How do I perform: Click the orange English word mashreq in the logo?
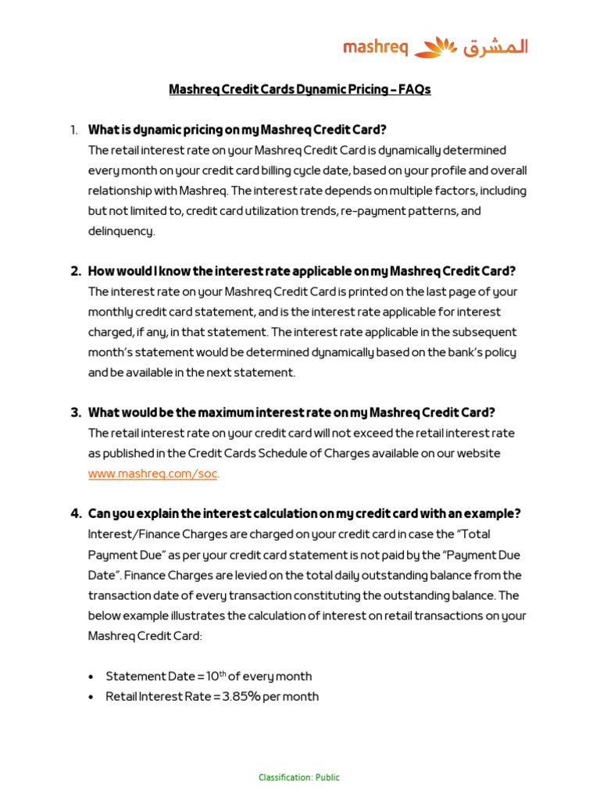(376, 48)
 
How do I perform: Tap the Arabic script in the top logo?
(495, 48)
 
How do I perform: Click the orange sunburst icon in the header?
(435, 48)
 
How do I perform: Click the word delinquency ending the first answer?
(121, 231)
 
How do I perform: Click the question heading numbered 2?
(302, 271)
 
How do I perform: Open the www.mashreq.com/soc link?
(154, 473)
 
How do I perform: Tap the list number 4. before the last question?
(76, 513)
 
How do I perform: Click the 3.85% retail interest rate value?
(240, 696)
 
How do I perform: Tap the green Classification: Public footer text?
(299, 777)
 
